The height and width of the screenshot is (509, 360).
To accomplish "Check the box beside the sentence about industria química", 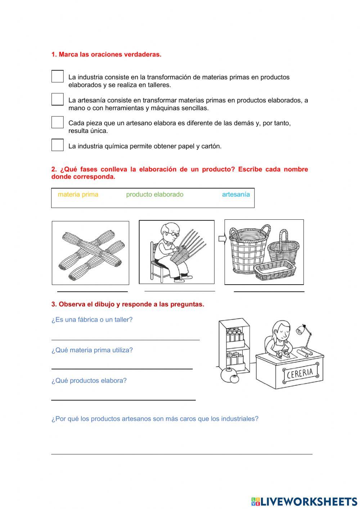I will pos(57,145).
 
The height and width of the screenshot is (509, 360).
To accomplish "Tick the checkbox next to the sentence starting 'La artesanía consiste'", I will pos(57,99).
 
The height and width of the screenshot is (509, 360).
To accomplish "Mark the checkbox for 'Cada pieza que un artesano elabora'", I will pos(57,122).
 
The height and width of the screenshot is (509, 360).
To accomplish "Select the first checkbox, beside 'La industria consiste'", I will pos(57,76).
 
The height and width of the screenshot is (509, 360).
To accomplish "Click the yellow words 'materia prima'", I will pos(78,195).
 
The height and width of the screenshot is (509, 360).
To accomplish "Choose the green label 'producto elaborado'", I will pos(154,195).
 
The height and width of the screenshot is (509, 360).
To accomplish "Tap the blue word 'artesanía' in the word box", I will pos(236,195).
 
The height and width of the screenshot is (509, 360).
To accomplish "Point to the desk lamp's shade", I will pos(300,330).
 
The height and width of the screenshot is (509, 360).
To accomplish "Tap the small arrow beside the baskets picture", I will pos(221,238).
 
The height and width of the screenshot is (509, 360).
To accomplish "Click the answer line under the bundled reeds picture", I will pos(93,291).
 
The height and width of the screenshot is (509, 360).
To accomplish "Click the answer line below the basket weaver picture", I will pos(179,291).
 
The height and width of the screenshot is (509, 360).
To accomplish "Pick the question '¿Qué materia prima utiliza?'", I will pos(92,350).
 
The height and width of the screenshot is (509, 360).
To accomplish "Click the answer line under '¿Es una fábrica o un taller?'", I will pos(125,339).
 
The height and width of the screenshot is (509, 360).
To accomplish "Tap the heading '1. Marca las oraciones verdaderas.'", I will pos(106,55).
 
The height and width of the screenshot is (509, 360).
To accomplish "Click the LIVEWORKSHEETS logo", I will pos(304,501).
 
